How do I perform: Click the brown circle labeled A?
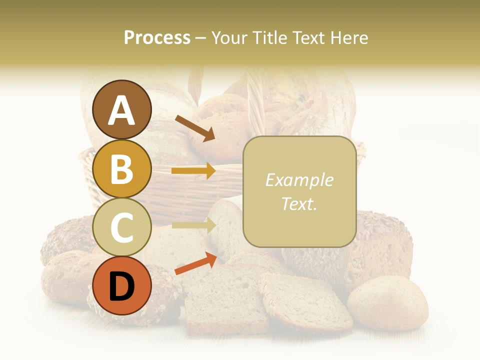pyautogui.click(x=121, y=109)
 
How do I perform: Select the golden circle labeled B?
pyautogui.click(x=121, y=168)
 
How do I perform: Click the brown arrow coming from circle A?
pyautogui.click(x=195, y=128)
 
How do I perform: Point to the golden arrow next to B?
pyautogui.click(x=193, y=171)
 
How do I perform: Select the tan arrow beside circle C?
pyautogui.click(x=193, y=225)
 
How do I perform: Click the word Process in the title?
pyautogui.click(x=157, y=37)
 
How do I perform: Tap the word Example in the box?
pyautogui.click(x=299, y=180)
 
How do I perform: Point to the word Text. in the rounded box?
pyautogui.click(x=299, y=203)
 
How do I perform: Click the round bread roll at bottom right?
pyautogui.click(x=387, y=303)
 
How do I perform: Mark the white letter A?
pyautogui.click(x=121, y=110)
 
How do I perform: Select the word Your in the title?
pyautogui.click(x=228, y=37)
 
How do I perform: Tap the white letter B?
pyautogui.click(x=121, y=169)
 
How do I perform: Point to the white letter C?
pyautogui.click(x=121, y=227)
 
